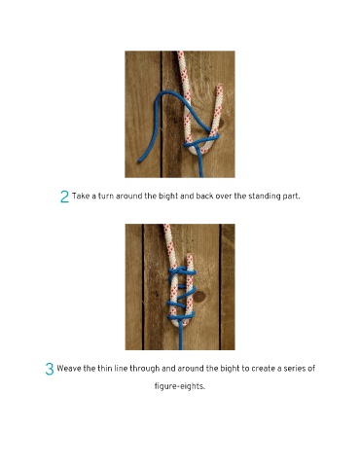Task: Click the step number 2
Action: coord(64,197)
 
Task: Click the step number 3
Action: coord(50,369)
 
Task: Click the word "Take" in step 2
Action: coord(80,196)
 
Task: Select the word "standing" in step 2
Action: coord(264,197)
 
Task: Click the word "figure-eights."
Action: coord(180,386)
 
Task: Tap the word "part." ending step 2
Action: coord(291,197)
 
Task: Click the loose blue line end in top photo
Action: coord(140,161)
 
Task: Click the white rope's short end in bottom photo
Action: coord(190,257)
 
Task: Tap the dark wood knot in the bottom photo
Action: coord(198,297)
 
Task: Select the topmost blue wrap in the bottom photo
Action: coord(182,270)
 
